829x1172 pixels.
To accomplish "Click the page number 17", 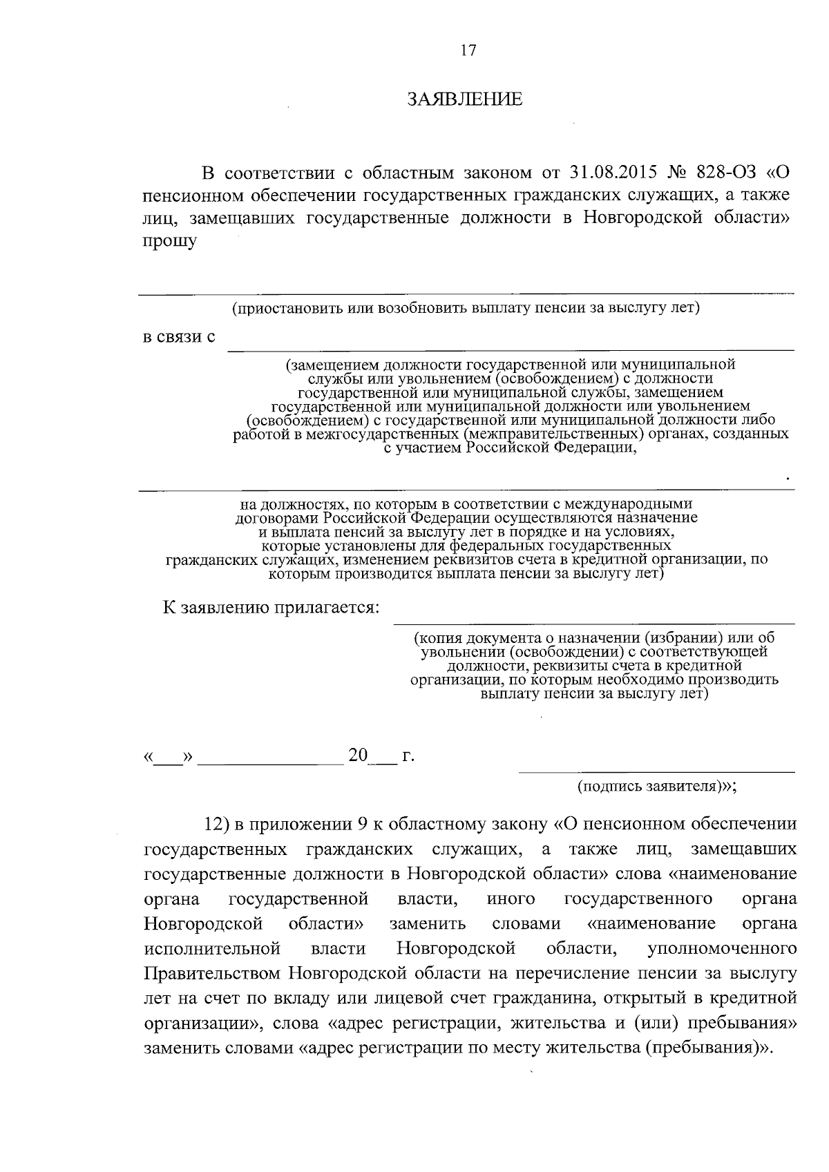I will point(468,50).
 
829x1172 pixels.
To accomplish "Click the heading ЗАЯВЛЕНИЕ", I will point(465,99).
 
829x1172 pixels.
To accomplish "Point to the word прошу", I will point(169,242).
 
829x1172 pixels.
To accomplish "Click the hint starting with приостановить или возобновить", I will point(466,307).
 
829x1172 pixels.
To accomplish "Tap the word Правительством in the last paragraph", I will point(213,974).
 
